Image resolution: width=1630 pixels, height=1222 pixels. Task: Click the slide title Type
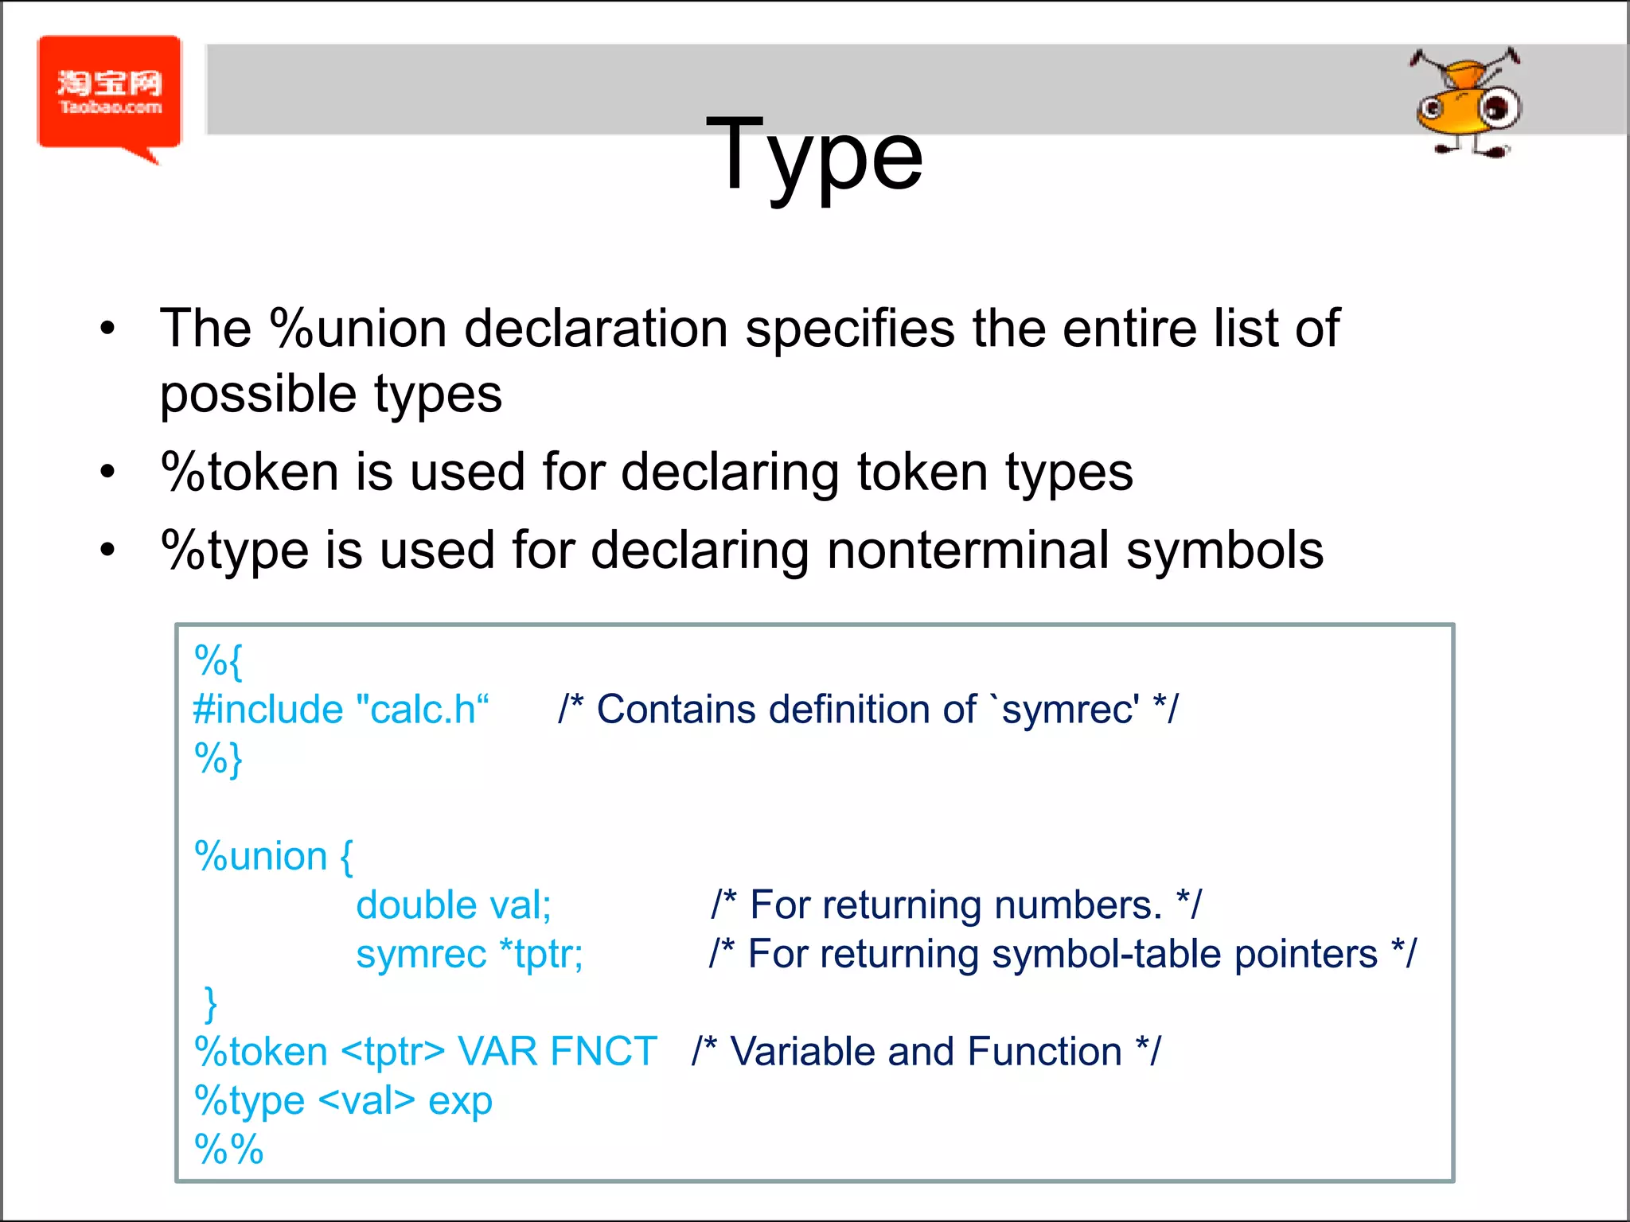tap(813, 155)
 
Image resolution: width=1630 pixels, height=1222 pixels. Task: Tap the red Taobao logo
tap(110, 94)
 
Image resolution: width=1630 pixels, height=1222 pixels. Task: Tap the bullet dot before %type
tap(108, 550)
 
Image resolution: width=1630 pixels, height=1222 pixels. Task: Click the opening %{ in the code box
tap(218, 660)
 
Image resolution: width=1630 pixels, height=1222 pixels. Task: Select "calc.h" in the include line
tap(422, 709)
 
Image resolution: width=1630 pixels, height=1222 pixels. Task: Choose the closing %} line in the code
tap(218, 758)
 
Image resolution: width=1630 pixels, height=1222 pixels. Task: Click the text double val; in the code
tap(453, 905)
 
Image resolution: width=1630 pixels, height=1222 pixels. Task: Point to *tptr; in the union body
tap(540, 954)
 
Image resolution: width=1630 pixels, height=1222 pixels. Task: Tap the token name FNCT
tap(603, 1052)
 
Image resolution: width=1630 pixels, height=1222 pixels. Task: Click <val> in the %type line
tap(366, 1101)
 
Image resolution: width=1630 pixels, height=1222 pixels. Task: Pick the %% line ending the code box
tap(228, 1150)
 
